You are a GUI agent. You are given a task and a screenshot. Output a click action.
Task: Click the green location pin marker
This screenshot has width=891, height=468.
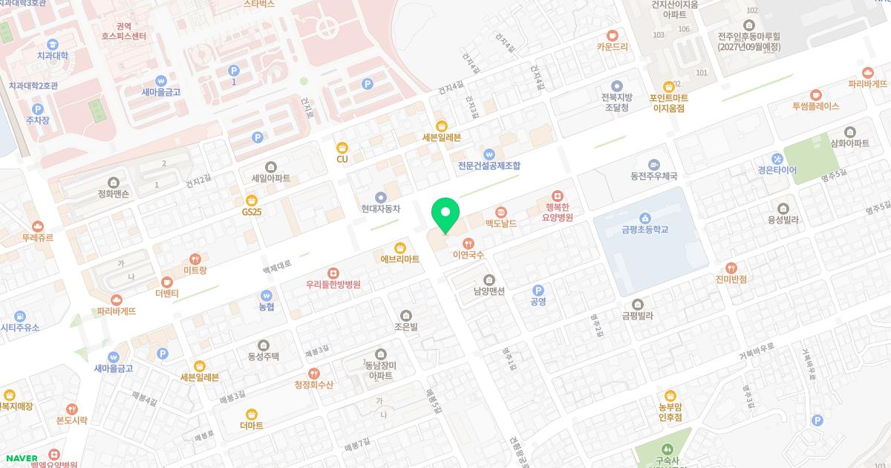445,216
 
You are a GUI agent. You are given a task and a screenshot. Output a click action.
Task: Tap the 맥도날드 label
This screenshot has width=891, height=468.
500,222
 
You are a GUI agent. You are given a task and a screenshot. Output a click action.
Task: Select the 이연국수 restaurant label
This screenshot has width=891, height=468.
468,255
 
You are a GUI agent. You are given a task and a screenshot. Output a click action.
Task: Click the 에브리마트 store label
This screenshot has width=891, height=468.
399,259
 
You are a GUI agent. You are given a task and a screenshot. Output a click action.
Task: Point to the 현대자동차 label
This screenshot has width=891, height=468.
381,209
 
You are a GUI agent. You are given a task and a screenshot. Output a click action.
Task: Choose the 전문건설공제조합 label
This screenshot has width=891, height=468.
489,165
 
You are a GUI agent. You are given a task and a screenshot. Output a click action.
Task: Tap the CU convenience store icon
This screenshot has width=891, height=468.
342,147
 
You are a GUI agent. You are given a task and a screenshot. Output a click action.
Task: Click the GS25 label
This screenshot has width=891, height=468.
252,212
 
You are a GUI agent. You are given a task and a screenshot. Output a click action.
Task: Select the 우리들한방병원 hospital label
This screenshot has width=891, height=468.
333,284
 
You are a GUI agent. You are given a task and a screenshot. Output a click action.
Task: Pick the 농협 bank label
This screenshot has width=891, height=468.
266,306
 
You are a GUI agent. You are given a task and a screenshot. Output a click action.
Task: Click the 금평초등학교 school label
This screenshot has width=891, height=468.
644,230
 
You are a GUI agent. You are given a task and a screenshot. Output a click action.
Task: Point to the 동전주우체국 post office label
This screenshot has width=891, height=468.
653,175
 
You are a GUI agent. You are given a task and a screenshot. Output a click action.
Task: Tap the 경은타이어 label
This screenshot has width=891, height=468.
777,169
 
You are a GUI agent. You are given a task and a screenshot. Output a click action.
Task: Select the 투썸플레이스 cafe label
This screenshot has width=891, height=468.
815,105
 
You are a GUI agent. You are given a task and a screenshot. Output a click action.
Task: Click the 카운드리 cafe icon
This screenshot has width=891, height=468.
613,35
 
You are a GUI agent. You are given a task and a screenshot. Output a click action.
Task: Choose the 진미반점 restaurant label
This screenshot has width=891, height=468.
731,279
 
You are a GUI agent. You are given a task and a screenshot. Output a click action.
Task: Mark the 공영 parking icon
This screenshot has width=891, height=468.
538,290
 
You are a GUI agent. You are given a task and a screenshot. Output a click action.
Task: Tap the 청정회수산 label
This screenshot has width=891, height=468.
314,384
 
